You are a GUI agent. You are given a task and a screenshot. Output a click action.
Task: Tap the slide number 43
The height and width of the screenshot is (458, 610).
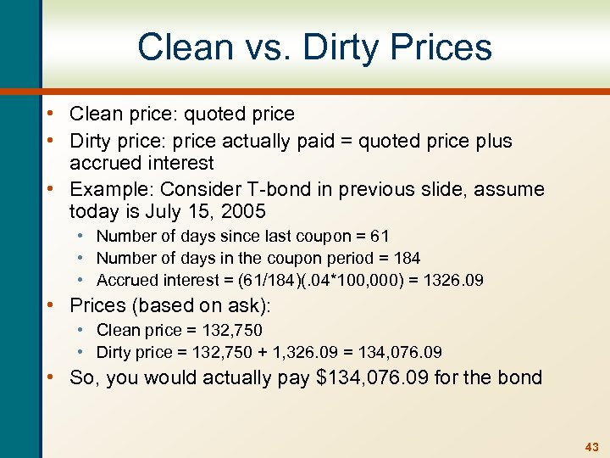(x=591, y=446)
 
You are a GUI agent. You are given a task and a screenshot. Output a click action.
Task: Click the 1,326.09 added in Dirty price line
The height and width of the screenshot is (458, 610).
(x=313, y=352)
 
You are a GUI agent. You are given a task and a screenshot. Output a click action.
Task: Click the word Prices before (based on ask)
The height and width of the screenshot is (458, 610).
(x=101, y=304)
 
